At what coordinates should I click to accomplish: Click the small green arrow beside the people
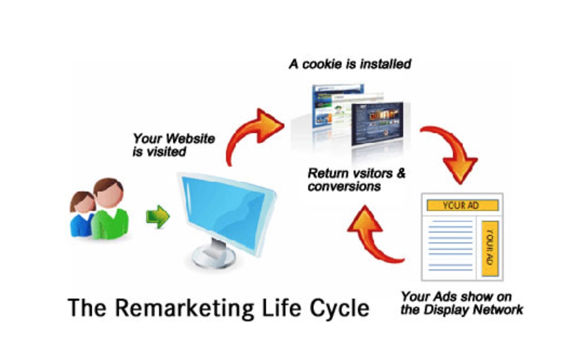click(x=157, y=217)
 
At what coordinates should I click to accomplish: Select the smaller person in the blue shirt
click(x=82, y=214)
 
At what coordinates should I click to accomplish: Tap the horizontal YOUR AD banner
click(x=462, y=205)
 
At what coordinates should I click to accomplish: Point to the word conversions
click(x=344, y=187)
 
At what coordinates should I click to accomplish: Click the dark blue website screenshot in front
click(x=378, y=124)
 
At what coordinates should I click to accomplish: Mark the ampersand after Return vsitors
click(x=401, y=173)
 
